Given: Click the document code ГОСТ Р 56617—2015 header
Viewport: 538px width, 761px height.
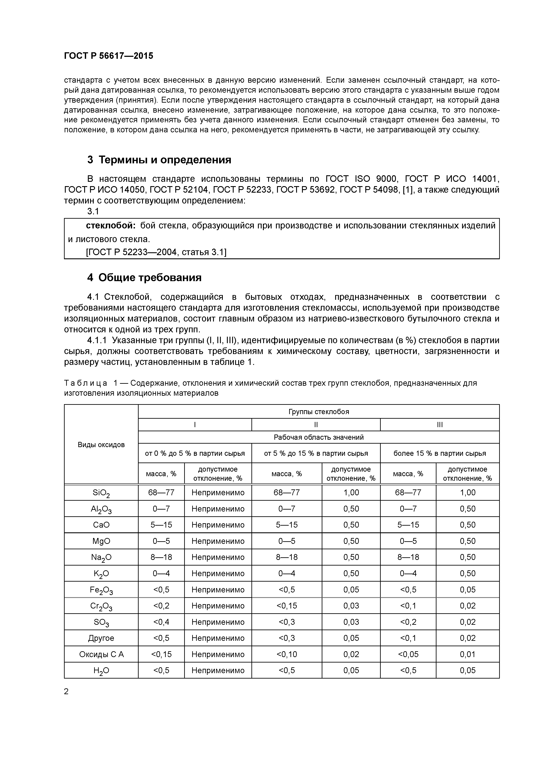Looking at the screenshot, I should [x=108, y=56].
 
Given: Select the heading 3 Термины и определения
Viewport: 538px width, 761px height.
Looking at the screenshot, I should [x=159, y=160].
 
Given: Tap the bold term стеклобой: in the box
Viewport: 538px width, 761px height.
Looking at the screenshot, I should [x=111, y=225].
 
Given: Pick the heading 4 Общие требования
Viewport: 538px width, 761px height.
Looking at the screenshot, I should [x=144, y=277].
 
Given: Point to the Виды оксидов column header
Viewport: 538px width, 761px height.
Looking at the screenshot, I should [x=101, y=445].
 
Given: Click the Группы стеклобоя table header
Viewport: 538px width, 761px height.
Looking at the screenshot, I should [x=318, y=412].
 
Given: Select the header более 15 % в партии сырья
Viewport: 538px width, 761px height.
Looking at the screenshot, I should [x=440, y=453].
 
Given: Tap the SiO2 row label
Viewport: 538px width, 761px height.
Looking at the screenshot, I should [x=101, y=493].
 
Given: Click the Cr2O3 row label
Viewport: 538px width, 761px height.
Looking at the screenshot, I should [x=101, y=606].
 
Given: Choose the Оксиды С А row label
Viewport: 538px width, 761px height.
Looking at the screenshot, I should [x=101, y=654].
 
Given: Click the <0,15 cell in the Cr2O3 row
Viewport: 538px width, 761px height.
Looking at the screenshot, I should [x=287, y=605].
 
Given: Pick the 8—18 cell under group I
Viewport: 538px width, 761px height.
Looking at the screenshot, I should [x=161, y=557].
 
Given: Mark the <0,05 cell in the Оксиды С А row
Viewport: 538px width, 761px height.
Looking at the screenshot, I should [x=408, y=654].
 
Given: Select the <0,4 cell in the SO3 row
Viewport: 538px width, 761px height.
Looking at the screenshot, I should [x=161, y=622].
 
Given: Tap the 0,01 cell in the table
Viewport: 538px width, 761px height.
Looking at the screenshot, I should [x=467, y=654].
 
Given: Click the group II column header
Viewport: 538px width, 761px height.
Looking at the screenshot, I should [x=316, y=425].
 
